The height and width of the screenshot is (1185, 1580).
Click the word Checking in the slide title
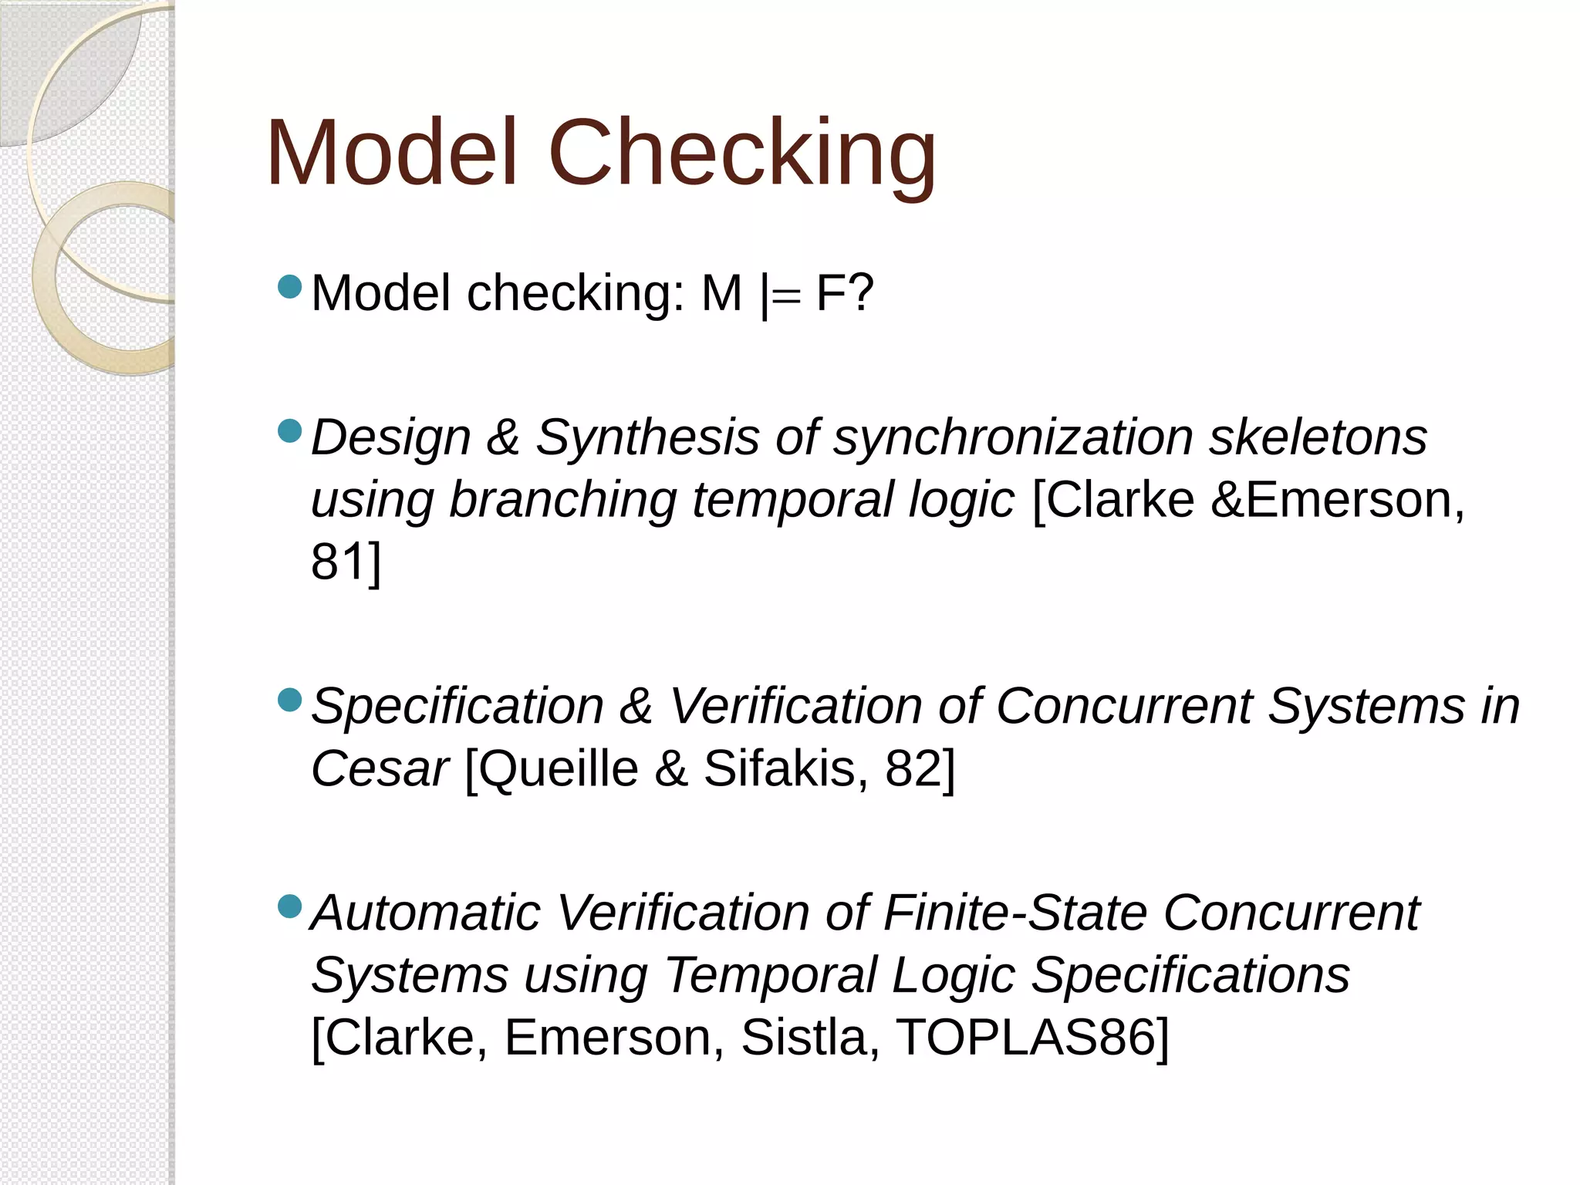point(741,154)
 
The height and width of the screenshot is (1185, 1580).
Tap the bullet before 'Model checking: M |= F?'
point(289,288)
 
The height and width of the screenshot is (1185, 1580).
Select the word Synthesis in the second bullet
point(647,437)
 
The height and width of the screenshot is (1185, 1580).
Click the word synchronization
point(1013,437)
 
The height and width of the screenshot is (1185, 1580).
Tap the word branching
point(563,500)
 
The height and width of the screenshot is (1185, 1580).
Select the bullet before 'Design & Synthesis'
point(289,431)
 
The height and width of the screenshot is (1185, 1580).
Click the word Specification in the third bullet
point(457,706)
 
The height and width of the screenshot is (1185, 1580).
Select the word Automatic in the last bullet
point(425,913)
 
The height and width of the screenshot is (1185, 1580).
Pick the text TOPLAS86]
point(1032,1037)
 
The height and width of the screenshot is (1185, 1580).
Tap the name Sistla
point(810,1037)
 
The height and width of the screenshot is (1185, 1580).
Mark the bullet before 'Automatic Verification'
point(289,906)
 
